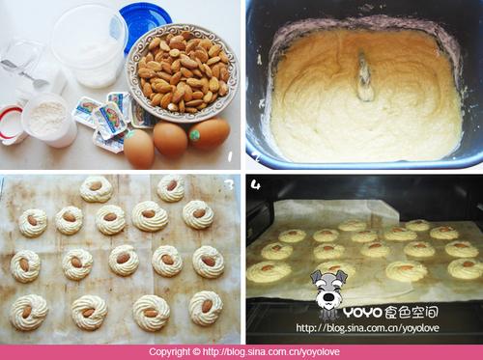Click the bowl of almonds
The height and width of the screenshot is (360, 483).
pos(183,72)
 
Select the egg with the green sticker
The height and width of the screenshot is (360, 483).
pos(209,133)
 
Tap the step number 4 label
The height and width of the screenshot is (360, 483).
pos(256,184)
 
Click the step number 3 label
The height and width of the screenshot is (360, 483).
pos(229,184)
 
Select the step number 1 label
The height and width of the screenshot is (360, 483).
pos(230,156)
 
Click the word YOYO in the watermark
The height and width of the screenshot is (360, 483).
pos(362,312)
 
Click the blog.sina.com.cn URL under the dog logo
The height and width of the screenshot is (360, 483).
pos(367,328)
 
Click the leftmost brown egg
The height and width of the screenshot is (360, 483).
pos(139,148)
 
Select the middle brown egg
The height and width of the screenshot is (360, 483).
pos(170,139)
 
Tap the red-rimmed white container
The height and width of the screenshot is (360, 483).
pos(12,124)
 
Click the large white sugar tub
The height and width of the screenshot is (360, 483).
pos(89,45)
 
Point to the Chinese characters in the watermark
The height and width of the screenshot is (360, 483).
pos(412,312)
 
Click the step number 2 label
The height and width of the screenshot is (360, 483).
pos(257,157)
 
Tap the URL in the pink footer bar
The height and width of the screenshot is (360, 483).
pos(270,352)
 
